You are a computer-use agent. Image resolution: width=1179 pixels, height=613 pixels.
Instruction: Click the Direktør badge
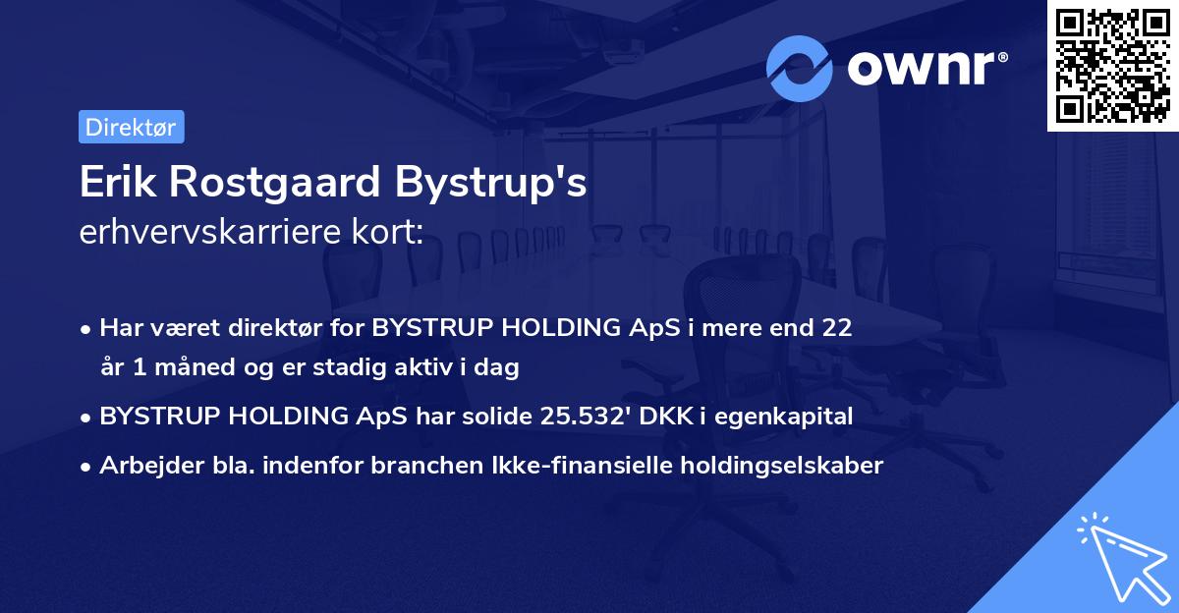pos(131,127)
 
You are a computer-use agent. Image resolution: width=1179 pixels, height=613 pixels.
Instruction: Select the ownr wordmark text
pos(925,69)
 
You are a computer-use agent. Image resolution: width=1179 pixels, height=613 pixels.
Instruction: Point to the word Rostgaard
pos(269,184)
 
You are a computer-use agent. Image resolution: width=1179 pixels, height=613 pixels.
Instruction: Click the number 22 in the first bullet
pos(837,328)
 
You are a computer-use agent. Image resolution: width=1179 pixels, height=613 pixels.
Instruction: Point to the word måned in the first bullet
pos(176,367)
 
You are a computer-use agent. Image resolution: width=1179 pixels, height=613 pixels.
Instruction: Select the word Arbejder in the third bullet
pos(144,466)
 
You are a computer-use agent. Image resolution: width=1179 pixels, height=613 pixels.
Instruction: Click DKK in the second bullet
pos(662,416)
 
